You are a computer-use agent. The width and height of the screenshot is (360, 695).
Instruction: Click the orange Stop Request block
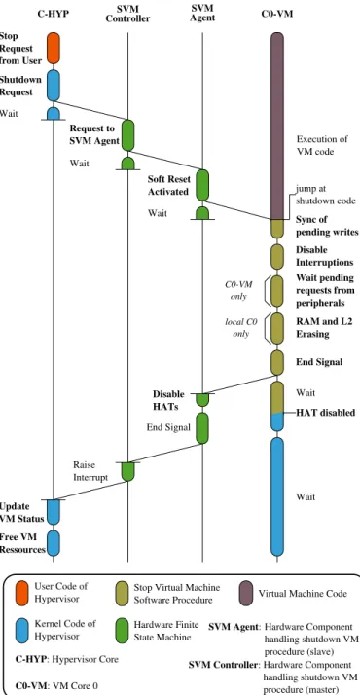click(x=54, y=48)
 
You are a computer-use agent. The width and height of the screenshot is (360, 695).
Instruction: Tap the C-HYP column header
click(x=54, y=14)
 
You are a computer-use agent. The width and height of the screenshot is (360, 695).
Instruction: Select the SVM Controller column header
click(x=127, y=14)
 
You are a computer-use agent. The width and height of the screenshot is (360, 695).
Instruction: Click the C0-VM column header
click(x=277, y=14)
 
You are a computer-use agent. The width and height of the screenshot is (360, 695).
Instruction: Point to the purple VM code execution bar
click(x=277, y=126)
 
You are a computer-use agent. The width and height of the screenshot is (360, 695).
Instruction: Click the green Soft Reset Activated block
click(x=202, y=185)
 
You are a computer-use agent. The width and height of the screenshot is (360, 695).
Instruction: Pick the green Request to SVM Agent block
click(x=127, y=135)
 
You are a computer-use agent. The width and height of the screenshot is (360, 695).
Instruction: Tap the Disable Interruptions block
click(x=277, y=256)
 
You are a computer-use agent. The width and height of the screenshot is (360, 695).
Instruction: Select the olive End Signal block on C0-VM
click(x=277, y=362)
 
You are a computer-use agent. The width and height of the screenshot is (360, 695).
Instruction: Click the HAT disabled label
click(x=326, y=413)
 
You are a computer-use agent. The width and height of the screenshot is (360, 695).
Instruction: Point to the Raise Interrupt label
click(x=90, y=471)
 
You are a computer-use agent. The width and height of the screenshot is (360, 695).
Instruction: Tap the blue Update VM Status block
click(x=54, y=512)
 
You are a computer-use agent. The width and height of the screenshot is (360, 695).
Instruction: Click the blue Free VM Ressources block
click(x=54, y=543)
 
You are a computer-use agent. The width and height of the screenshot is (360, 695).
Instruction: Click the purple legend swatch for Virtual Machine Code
click(x=246, y=593)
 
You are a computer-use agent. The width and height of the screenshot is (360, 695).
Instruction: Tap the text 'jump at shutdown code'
click(x=326, y=195)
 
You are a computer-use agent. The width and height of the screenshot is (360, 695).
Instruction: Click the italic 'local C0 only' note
click(x=241, y=328)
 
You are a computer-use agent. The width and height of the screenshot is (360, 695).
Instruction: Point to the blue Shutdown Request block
click(x=54, y=85)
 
